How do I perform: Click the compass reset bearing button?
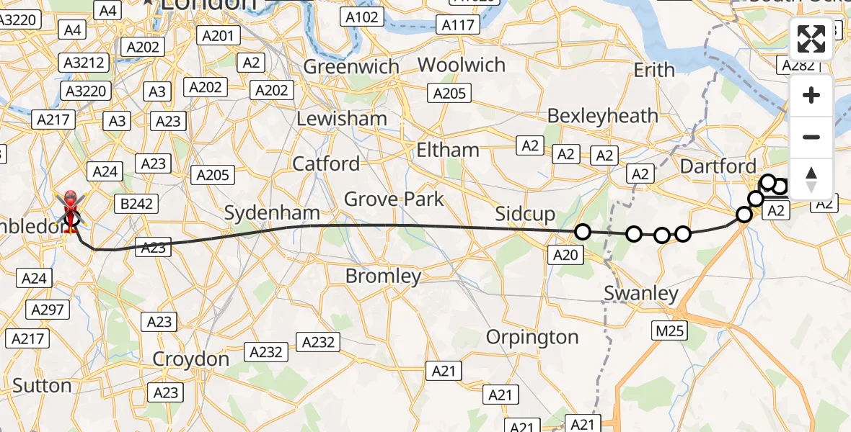(x=811, y=179)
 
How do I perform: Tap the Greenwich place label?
(x=351, y=67)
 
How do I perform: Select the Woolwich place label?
(x=462, y=65)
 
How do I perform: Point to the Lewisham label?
(x=342, y=118)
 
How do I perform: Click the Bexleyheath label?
(x=603, y=116)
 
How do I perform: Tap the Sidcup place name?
(x=526, y=214)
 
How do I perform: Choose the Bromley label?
(x=383, y=276)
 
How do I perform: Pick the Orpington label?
(x=532, y=337)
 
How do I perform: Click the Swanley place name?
(x=641, y=294)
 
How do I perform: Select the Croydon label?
(x=191, y=359)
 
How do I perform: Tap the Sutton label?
(x=42, y=385)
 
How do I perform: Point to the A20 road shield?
(x=565, y=254)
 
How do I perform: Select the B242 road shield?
(x=136, y=204)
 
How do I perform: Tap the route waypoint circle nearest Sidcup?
(x=583, y=232)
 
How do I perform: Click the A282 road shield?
(x=798, y=66)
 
